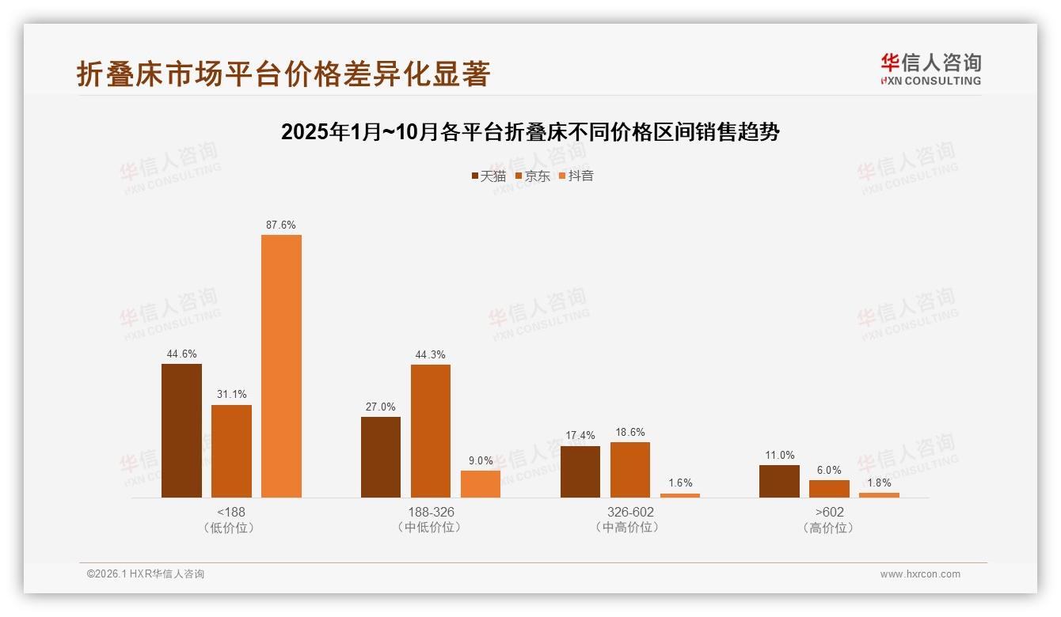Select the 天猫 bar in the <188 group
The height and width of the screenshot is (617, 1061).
pyautogui.click(x=181, y=431)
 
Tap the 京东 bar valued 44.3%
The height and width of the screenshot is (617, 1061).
pyautogui.click(x=430, y=431)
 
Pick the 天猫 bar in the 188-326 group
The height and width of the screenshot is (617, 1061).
pyautogui.click(x=381, y=457)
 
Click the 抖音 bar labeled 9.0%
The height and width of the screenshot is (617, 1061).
pyautogui.click(x=481, y=484)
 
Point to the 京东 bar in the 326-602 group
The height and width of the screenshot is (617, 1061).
pyautogui.click(x=629, y=470)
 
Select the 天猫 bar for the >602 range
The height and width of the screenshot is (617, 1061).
pyautogui.click(x=779, y=481)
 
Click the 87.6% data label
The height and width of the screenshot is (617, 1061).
pyautogui.click(x=281, y=225)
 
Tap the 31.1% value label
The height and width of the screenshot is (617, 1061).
pyautogui.click(x=231, y=395)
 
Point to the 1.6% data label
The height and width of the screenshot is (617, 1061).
pyautogui.click(x=679, y=483)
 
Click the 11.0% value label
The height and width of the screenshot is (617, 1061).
pyautogui.click(x=779, y=455)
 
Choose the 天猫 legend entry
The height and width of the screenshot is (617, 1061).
pyautogui.click(x=489, y=176)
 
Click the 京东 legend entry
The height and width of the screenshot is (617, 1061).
pyautogui.click(x=533, y=176)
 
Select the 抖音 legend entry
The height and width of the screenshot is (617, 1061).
pyautogui.click(x=576, y=176)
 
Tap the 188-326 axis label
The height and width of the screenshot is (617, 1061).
pyautogui.click(x=431, y=512)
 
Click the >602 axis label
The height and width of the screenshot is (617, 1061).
pyautogui.click(x=829, y=512)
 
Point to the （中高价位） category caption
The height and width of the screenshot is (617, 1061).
pyautogui.click(x=629, y=528)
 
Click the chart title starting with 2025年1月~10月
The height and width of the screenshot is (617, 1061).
pyautogui.click(x=530, y=132)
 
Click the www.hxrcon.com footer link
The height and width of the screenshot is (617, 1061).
pyautogui.click(x=920, y=574)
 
